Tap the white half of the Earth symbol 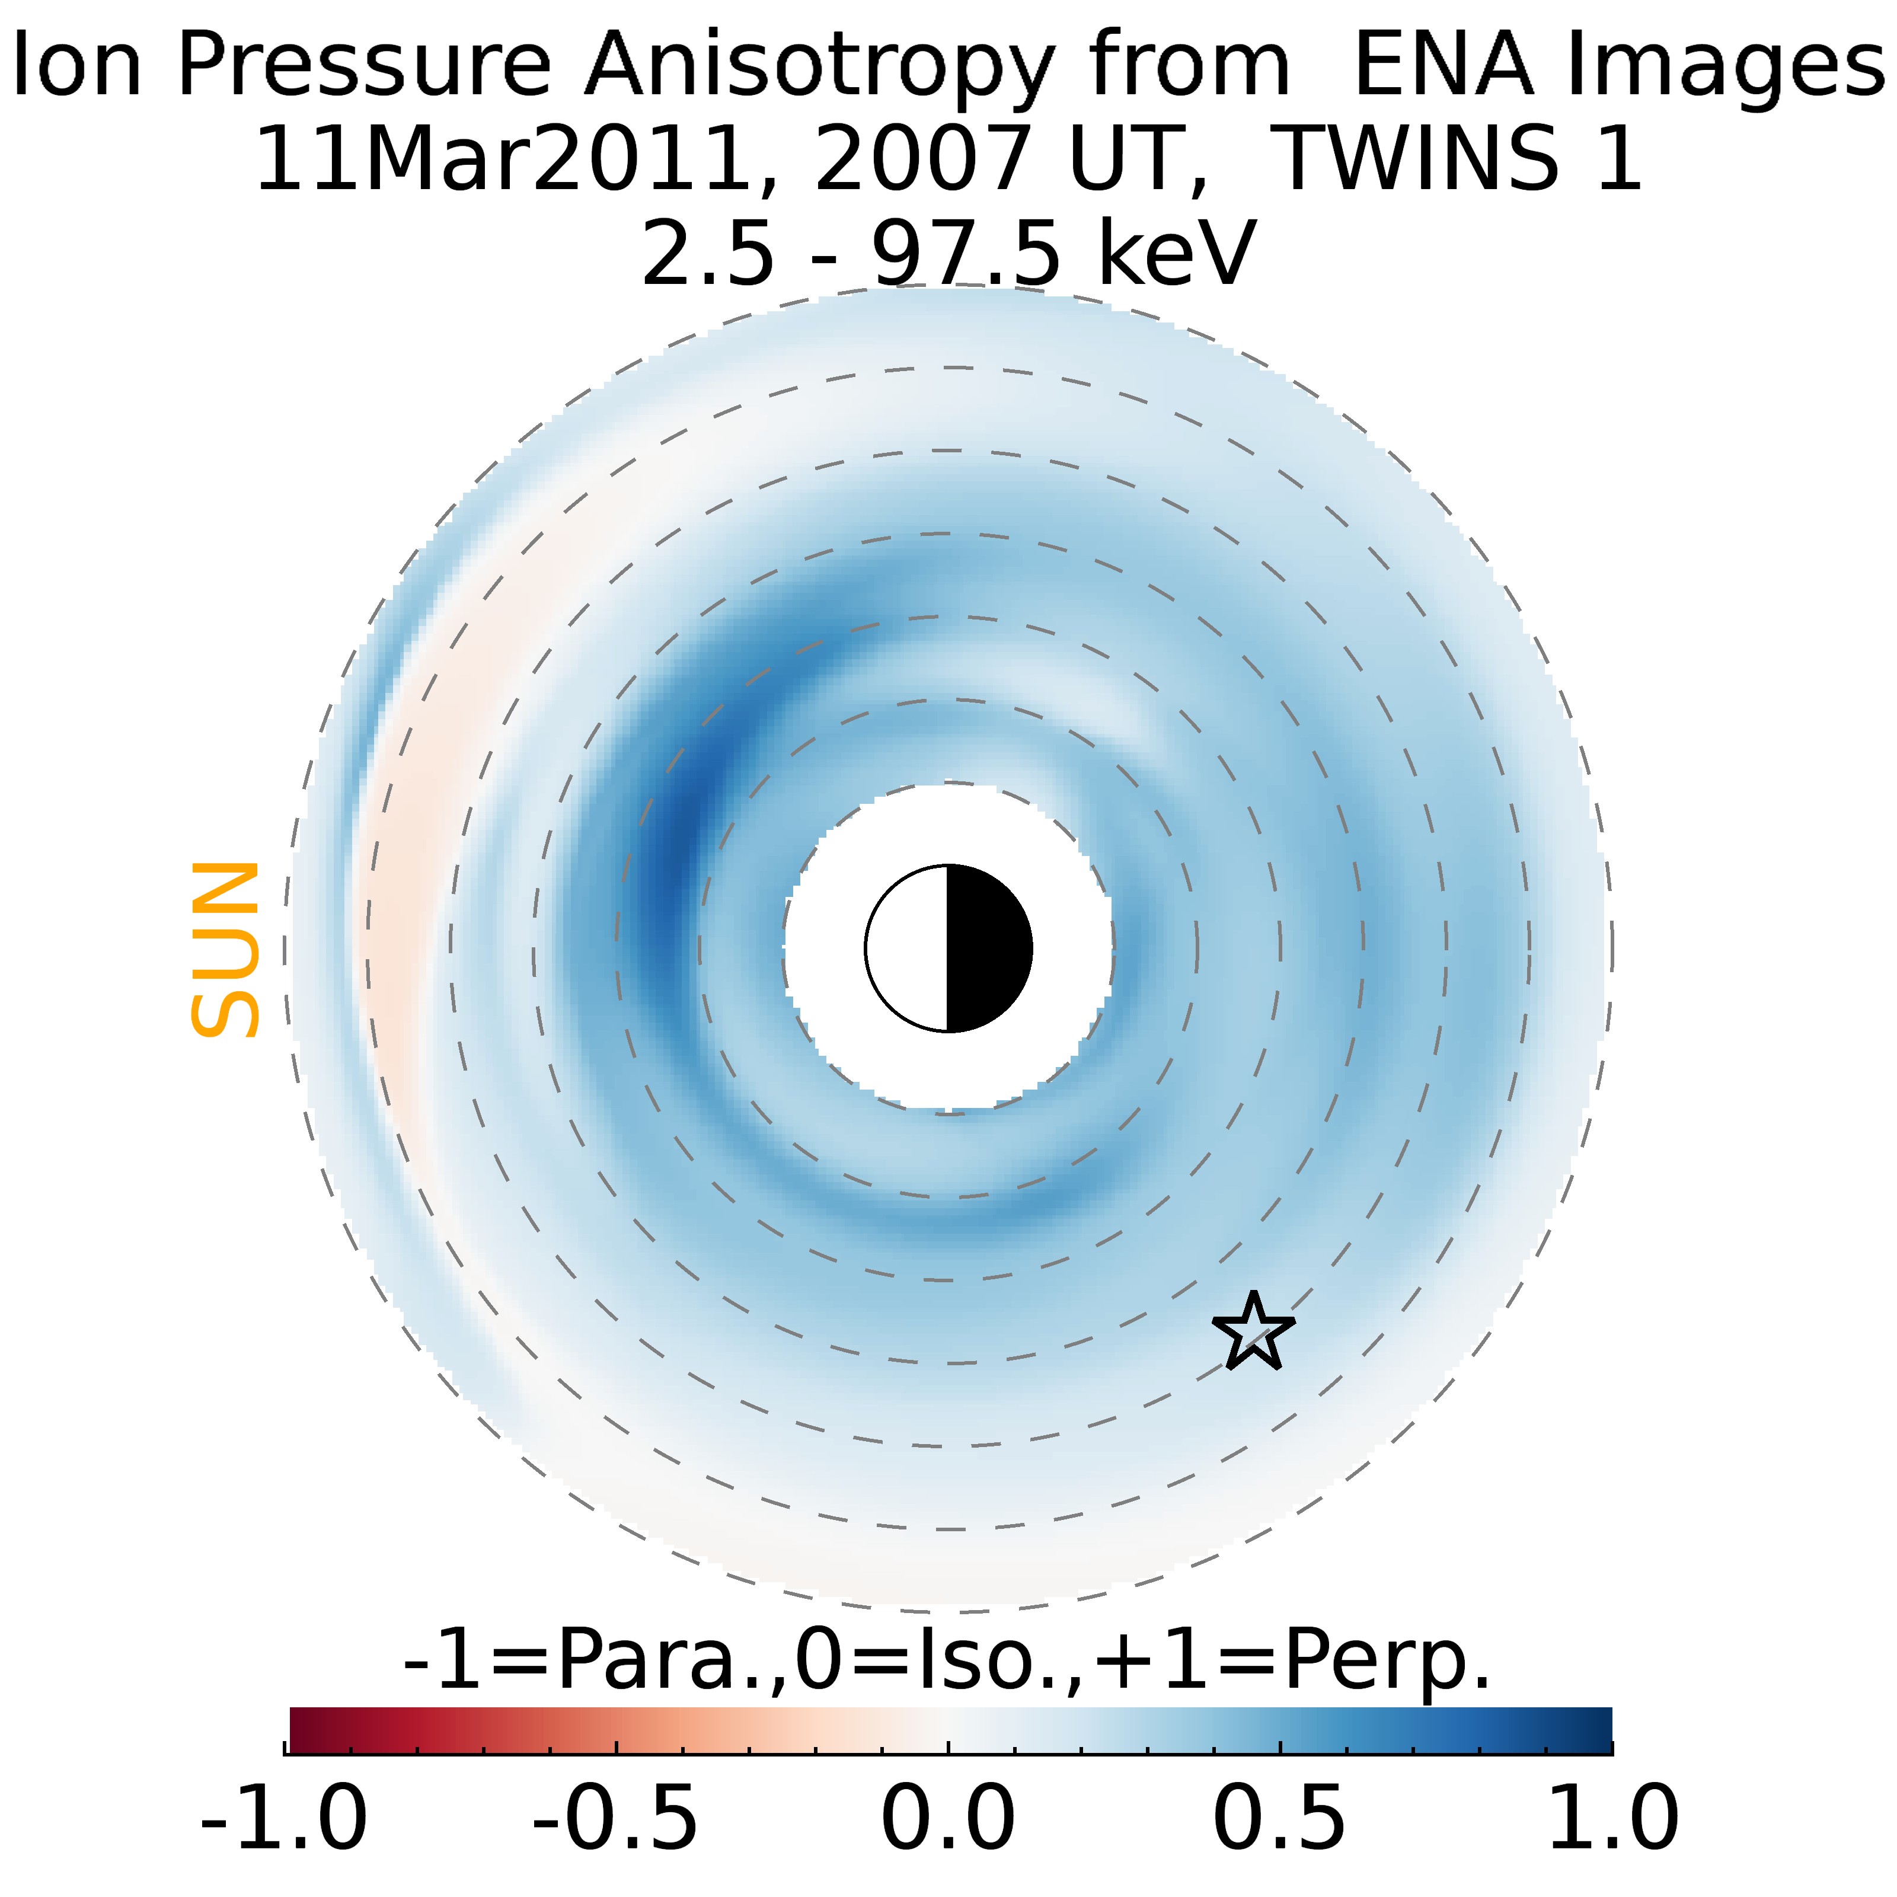click(908, 948)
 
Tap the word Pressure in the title click(364, 67)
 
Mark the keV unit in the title click(1176, 253)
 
